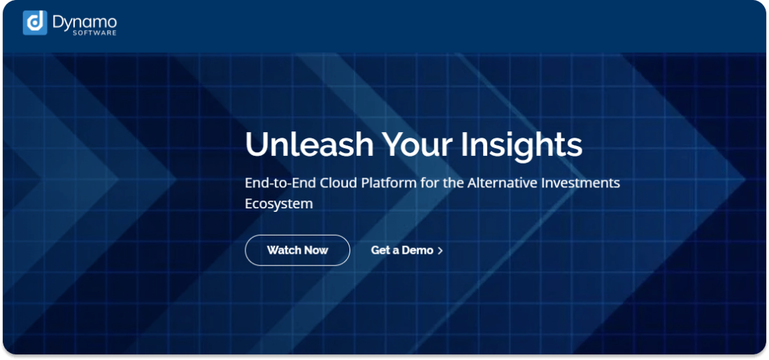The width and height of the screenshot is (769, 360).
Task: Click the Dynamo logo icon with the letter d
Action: click(x=35, y=23)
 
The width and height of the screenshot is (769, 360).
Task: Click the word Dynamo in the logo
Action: click(x=84, y=22)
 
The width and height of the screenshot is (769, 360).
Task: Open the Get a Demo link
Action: click(x=402, y=250)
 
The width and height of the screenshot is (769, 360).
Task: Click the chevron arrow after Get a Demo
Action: click(x=440, y=250)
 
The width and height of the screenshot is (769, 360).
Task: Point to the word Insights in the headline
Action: click(x=522, y=144)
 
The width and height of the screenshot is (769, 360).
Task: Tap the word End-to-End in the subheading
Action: click(x=280, y=183)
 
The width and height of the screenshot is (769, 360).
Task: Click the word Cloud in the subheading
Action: click(x=338, y=183)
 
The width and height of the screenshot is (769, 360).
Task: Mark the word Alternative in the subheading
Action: click(x=501, y=183)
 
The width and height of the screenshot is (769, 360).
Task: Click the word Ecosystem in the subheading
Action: click(x=278, y=204)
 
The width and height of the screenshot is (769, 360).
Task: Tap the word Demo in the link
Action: click(x=417, y=250)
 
